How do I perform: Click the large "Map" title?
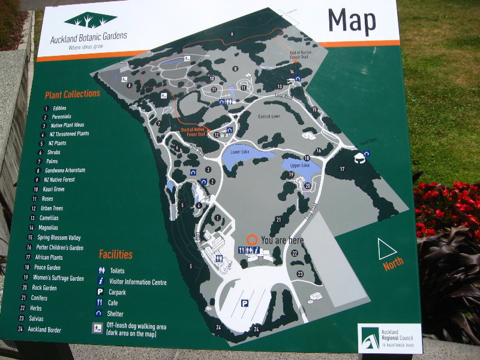pos(352,21)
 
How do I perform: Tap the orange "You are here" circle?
pos(253,239)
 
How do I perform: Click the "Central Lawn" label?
pos(270,116)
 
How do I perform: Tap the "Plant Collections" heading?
pos(72,94)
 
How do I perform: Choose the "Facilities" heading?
pos(116,254)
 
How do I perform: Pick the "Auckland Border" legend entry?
pos(44,329)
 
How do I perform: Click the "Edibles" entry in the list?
pos(59,108)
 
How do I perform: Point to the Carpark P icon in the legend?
pos(101,292)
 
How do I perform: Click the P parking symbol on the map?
pos(245,304)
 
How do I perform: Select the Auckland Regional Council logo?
pos(389,339)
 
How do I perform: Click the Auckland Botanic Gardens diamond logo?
pos(91,20)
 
